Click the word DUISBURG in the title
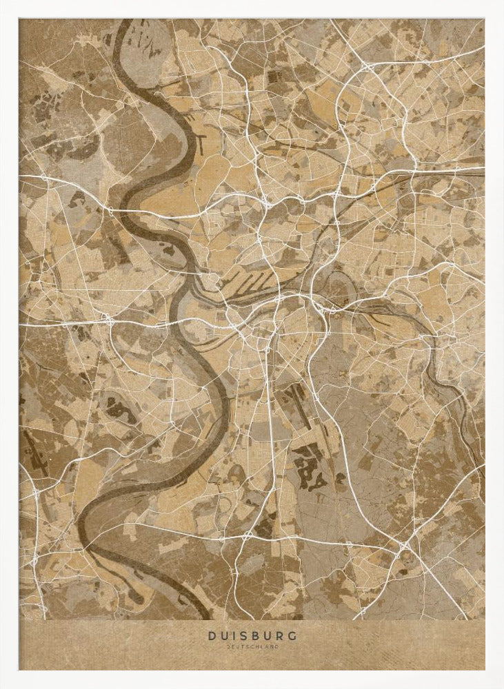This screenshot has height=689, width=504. pyautogui.click(x=252, y=636)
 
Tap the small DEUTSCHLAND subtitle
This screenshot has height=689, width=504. pyautogui.click(x=252, y=647)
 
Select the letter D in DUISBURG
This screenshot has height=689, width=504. pyautogui.click(x=211, y=636)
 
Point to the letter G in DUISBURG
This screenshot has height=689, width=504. pyautogui.click(x=294, y=636)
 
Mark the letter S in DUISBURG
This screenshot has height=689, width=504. pyautogui.click(x=245, y=636)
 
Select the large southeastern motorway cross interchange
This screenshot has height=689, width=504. pyautogui.click(x=404, y=546)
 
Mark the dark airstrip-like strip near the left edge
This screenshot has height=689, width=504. pyautogui.click(x=34, y=452)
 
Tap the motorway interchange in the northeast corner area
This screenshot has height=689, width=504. pyautogui.click(x=366, y=67)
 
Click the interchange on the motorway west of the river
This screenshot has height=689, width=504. pyautogui.click(x=108, y=320)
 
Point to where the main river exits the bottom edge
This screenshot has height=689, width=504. pyautogui.click(x=207, y=616)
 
